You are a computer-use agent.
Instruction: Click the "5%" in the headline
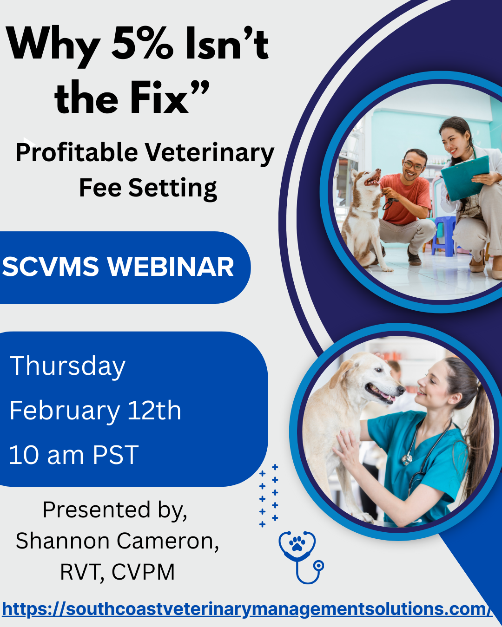tap(142, 44)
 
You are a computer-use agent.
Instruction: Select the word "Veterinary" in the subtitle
tap(210, 153)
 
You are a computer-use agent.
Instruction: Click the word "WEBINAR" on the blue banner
tap(171, 267)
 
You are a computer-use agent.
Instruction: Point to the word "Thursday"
tap(67, 366)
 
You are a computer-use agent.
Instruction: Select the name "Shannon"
tap(62, 541)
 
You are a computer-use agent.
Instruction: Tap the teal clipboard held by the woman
tap(465, 178)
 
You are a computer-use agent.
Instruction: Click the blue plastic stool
tap(443, 235)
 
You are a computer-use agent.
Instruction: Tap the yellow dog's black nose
tap(401, 389)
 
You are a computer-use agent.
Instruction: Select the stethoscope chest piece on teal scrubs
tap(407, 459)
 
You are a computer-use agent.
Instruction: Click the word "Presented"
tap(97, 510)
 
